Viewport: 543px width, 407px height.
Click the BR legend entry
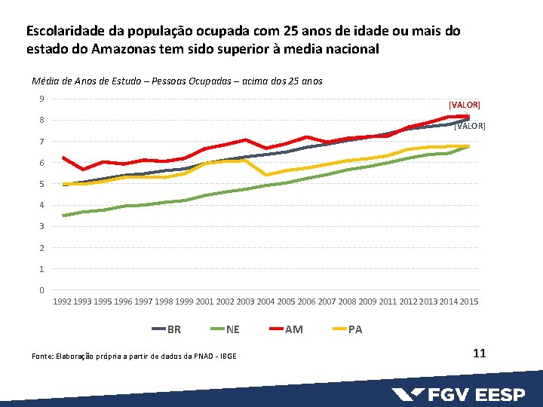click(x=167, y=329)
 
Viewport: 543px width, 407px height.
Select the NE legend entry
click(x=225, y=329)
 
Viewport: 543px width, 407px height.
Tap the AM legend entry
click(x=286, y=329)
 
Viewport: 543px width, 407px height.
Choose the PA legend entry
click(x=347, y=329)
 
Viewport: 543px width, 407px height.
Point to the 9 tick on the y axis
click(x=41, y=99)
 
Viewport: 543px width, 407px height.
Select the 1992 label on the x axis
click(x=63, y=302)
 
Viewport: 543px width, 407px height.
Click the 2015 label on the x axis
click(x=468, y=302)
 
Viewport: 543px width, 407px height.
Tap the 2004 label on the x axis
click(x=265, y=302)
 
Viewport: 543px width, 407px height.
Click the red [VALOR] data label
click(x=464, y=105)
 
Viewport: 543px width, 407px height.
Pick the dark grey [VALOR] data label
click(x=470, y=126)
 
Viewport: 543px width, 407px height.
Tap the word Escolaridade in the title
click(x=63, y=32)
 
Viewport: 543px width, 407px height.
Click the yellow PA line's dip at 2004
click(x=265, y=175)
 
